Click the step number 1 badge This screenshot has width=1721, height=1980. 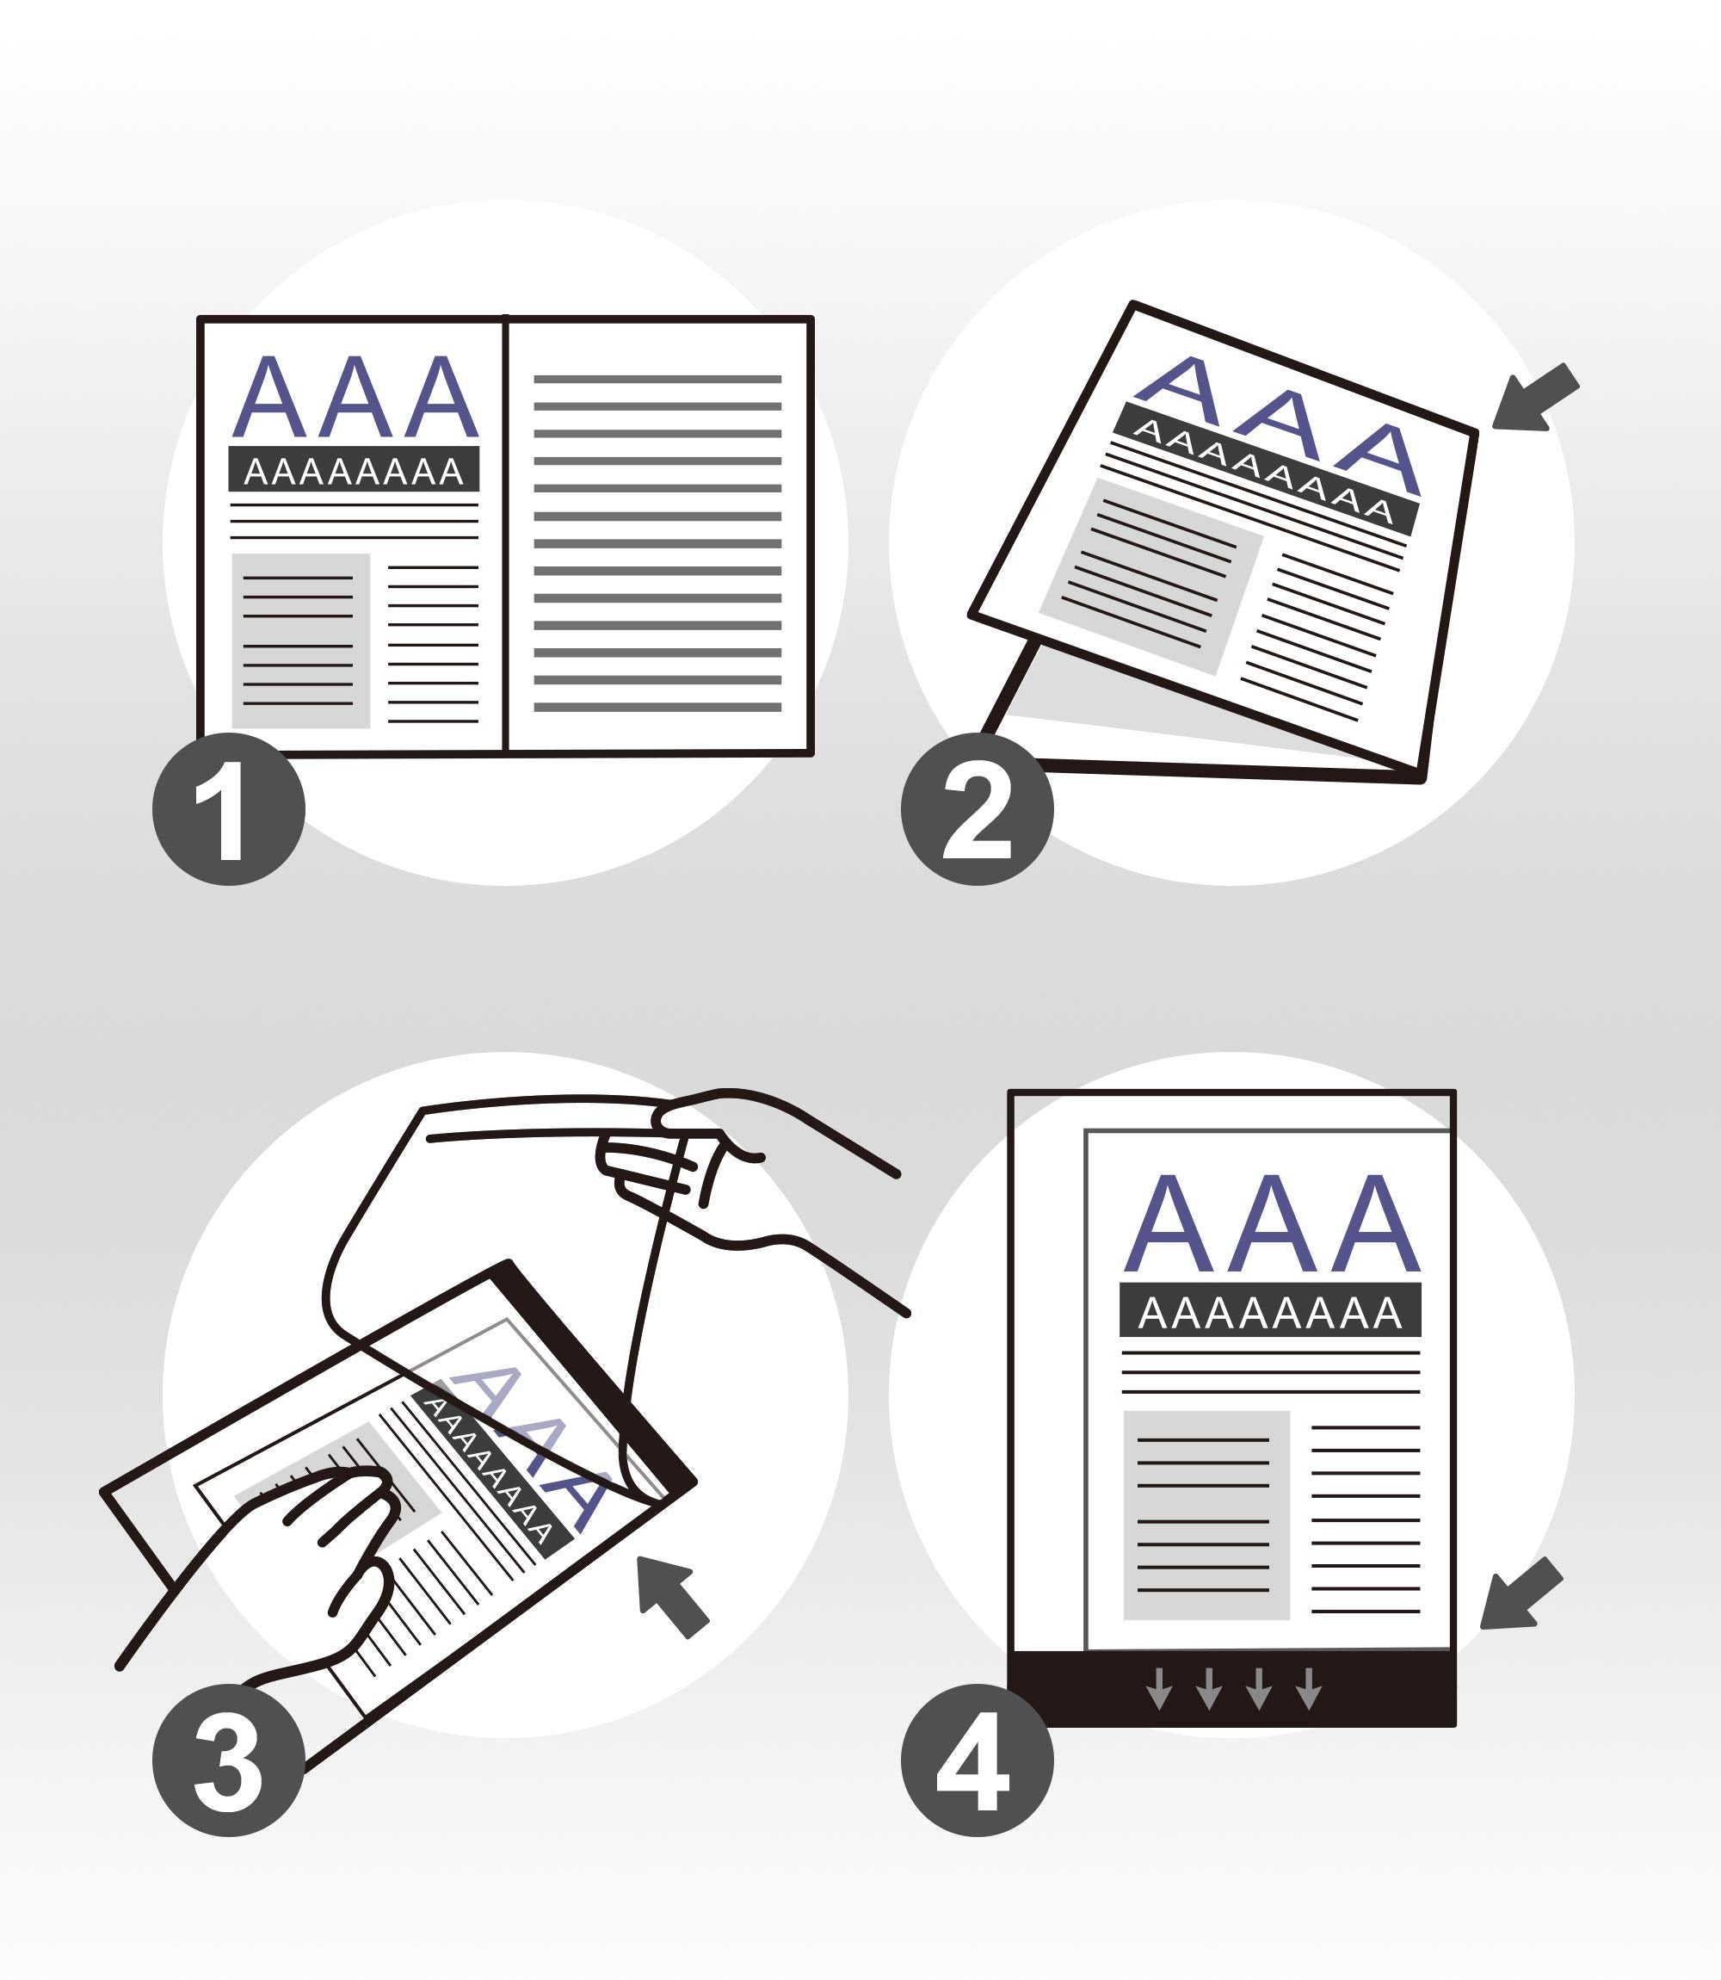tap(229, 809)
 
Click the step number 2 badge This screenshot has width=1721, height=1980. tap(977, 809)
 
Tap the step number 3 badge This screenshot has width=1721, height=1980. tap(229, 1760)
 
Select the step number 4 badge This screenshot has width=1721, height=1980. tap(977, 1760)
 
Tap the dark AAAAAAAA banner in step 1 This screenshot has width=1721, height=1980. tap(354, 470)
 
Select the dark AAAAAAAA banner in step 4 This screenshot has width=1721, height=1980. tap(1269, 1310)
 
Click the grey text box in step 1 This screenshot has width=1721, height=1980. tap(300, 640)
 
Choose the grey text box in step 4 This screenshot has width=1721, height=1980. tap(1206, 1515)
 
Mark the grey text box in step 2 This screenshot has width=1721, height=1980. tap(1150, 577)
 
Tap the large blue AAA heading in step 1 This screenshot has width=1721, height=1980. tap(355, 397)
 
